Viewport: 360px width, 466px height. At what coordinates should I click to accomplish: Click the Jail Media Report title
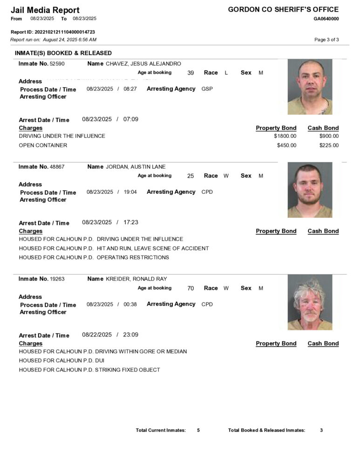45,10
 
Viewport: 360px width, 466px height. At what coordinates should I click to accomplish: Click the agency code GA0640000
326,19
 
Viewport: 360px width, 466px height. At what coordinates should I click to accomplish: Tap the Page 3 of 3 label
326,40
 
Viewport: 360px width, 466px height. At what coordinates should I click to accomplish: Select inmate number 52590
57,63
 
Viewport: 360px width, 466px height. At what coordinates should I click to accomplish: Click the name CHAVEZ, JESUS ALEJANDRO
143,63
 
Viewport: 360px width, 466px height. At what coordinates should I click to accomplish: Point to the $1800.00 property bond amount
285,136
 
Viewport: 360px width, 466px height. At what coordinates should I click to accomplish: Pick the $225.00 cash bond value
329,145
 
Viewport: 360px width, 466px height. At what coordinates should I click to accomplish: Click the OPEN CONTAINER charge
43,145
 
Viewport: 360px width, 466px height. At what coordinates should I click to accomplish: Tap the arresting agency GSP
207,89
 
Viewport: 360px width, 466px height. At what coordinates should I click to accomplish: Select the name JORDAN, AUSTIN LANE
136,166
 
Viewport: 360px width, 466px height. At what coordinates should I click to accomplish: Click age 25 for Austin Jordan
190,176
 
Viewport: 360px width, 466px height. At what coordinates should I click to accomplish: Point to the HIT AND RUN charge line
114,248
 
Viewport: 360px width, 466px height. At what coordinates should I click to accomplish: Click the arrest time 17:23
131,222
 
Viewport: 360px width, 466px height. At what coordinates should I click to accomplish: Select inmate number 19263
57,279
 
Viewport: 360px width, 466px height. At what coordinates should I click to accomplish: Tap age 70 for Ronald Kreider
190,288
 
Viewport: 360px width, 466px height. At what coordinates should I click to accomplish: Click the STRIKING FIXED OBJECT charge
89,370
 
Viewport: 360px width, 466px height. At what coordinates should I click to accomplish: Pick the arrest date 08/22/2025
97,335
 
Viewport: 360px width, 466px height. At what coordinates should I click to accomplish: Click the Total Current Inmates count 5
198,430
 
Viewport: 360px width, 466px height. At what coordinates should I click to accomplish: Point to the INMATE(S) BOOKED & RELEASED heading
63,53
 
